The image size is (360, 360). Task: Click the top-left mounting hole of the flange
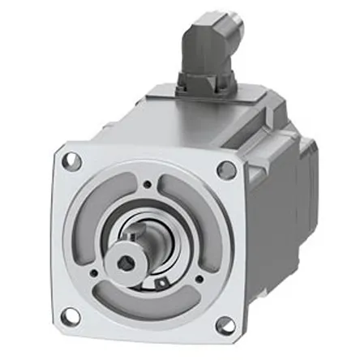(x=71, y=161)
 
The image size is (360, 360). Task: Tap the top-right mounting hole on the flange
(x=228, y=169)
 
